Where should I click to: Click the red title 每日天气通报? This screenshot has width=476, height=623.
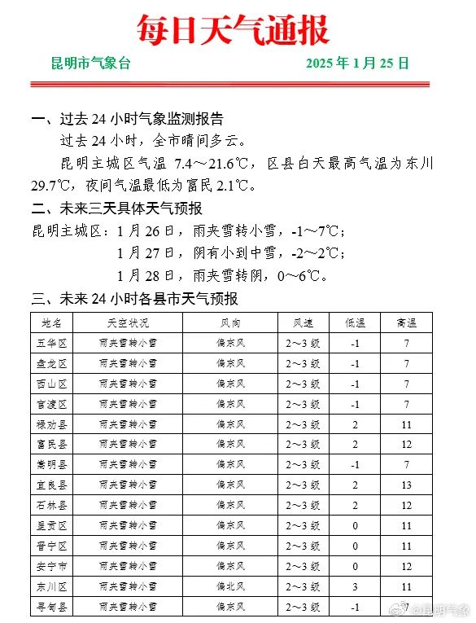pos(233,30)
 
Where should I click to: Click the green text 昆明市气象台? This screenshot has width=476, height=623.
pos(90,64)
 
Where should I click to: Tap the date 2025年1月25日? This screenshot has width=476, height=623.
pos(358,64)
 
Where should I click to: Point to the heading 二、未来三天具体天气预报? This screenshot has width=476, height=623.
pos(116,208)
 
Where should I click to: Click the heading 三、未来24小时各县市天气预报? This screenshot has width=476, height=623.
pos(134,299)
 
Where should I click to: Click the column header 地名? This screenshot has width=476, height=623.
pos(51,322)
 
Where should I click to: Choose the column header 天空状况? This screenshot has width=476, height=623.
pos(128,322)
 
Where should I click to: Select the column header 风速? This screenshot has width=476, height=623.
pos(303,322)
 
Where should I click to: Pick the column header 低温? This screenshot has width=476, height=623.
pos(356,322)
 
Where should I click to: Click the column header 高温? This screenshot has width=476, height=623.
pos(407,322)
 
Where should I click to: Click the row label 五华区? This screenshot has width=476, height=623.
pos(51,343)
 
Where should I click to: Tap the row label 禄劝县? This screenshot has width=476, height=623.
pos(51,424)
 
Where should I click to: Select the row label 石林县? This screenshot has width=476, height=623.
pos(51,506)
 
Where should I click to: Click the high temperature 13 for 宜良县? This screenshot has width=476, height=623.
pos(407,485)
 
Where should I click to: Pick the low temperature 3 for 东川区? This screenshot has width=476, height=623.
pos(356,586)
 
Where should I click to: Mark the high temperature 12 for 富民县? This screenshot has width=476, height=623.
pos(407,445)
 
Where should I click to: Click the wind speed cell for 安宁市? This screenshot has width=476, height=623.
pos(303,566)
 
